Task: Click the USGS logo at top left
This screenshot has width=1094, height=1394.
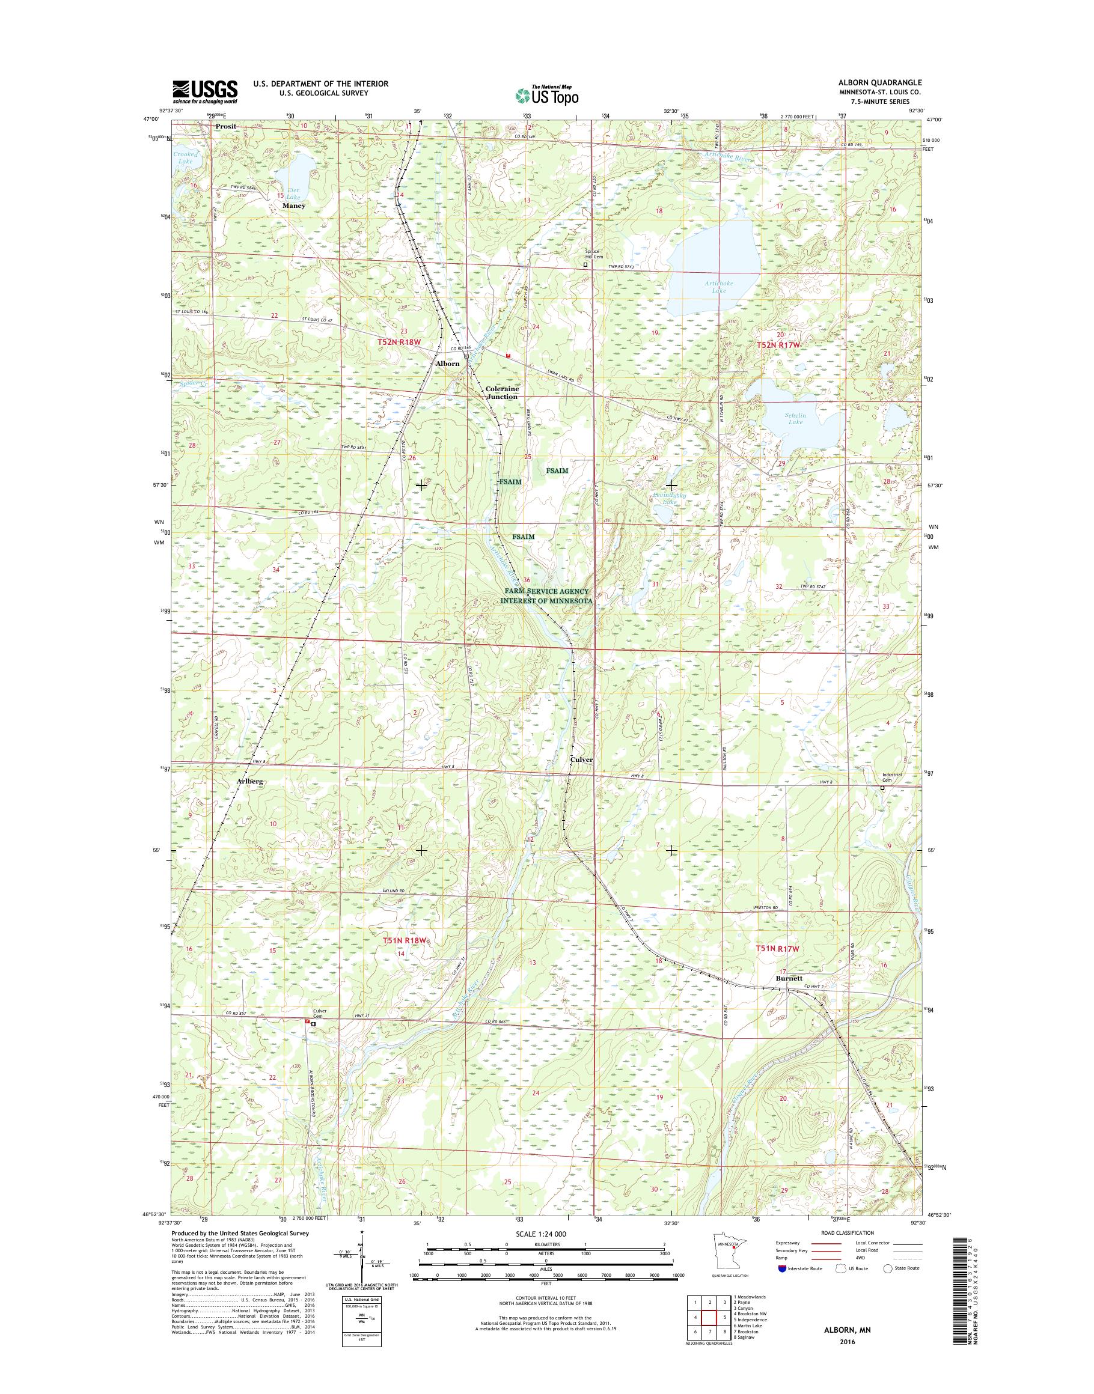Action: coord(204,91)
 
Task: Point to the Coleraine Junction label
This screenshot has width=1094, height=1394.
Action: coord(501,392)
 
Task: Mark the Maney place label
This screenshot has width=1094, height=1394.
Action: coord(294,205)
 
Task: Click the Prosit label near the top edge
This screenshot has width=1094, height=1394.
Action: coord(225,126)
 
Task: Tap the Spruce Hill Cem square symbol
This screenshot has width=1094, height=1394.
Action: coord(584,263)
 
